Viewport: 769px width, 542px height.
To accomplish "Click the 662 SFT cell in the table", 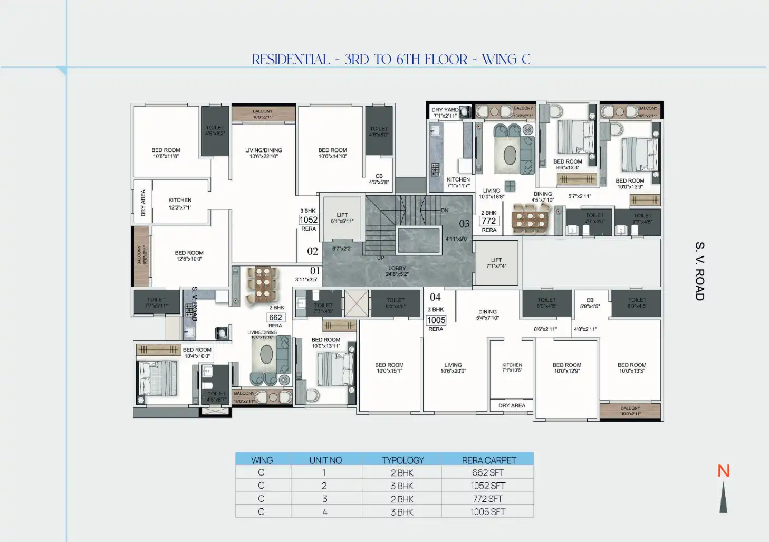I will (x=488, y=473).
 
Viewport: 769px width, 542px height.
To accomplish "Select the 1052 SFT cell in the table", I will (x=488, y=486).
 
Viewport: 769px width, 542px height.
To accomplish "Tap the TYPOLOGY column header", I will (x=402, y=460).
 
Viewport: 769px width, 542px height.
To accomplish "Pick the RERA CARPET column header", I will (x=488, y=460).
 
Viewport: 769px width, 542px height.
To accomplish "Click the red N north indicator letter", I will (x=723, y=471).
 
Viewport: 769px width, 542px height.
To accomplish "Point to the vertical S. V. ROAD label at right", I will (x=699, y=271).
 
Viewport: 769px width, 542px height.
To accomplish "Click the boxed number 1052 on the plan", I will (x=309, y=220).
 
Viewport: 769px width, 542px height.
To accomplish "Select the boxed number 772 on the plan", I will (x=489, y=221).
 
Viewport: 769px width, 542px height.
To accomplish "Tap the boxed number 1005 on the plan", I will (x=436, y=320).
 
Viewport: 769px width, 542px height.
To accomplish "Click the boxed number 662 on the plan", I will (x=275, y=318).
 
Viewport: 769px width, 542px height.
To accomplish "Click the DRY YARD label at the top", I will (x=445, y=110).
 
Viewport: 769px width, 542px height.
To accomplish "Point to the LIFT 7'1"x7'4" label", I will (x=496, y=263).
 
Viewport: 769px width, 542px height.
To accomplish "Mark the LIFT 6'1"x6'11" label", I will (x=342, y=218).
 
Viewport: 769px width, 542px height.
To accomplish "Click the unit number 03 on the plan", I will (x=464, y=224).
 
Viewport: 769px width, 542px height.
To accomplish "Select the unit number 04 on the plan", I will (x=435, y=297).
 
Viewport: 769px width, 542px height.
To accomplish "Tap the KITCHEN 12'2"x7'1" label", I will (x=180, y=204).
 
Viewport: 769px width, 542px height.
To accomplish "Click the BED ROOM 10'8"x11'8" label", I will (x=166, y=153).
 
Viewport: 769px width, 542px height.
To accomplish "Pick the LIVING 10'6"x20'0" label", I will (x=453, y=368).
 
